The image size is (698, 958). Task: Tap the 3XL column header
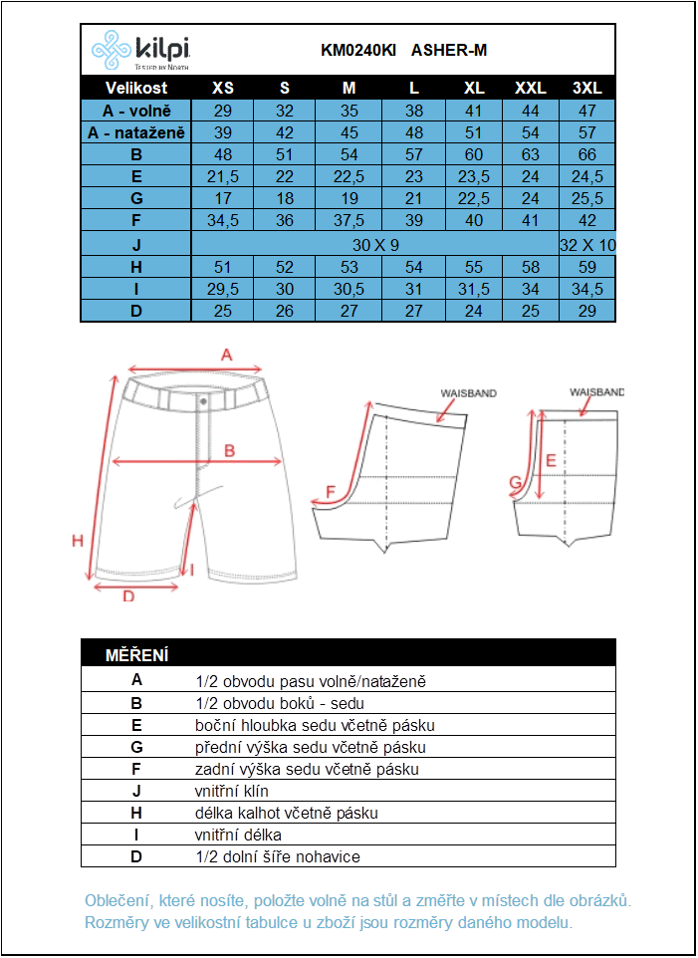point(587,88)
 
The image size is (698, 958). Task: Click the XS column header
point(223,88)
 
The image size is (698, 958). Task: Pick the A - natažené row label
point(136,132)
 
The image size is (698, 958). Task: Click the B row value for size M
point(349,154)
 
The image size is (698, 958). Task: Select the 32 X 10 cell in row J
point(587,244)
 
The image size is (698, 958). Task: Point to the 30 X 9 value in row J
point(374,244)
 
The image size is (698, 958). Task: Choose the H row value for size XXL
point(530,267)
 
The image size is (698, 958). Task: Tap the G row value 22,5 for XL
point(474,198)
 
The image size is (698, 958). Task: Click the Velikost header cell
point(136,88)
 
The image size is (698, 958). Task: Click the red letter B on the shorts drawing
point(229,450)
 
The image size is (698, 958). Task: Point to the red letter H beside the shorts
point(77,541)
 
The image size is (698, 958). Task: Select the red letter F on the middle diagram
point(331,491)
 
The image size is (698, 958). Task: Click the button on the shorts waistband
point(203,400)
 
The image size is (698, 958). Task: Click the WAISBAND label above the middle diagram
point(468,393)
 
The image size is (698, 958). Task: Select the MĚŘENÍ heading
point(136,654)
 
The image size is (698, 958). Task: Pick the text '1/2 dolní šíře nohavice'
point(278,856)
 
